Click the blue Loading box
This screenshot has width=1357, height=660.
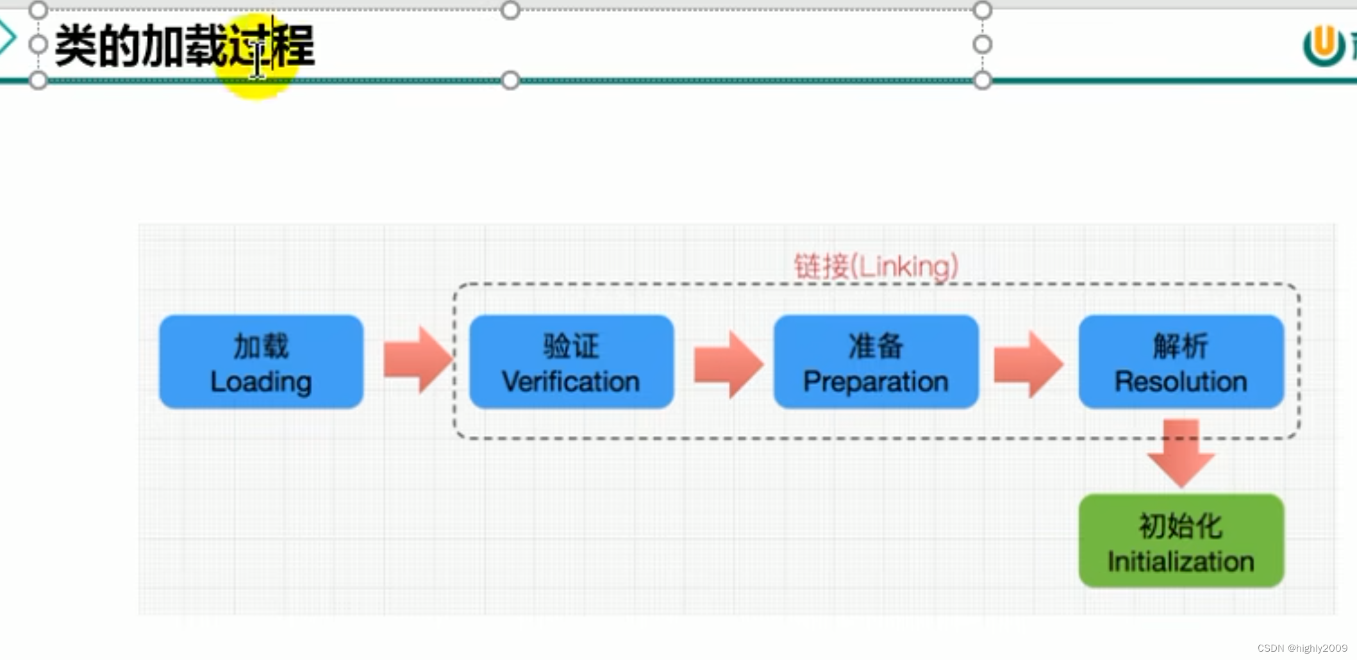(261, 362)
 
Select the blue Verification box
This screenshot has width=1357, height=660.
(571, 362)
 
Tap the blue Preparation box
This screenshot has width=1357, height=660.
(876, 362)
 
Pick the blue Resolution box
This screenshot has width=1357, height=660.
(1181, 362)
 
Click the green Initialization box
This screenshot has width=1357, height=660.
(1181, 541)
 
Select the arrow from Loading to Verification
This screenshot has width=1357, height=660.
(417, 359)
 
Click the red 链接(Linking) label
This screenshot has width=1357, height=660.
(876, 266)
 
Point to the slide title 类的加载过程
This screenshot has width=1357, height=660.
(185, 45)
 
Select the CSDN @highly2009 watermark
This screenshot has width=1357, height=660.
(1302, 648)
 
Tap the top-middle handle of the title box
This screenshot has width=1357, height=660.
(510, 10)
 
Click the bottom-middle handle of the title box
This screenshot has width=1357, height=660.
(510, 80)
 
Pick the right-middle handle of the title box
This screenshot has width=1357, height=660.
(982, 45)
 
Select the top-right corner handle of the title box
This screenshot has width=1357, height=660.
(982, 10)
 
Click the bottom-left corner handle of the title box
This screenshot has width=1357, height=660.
(38, 80)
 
